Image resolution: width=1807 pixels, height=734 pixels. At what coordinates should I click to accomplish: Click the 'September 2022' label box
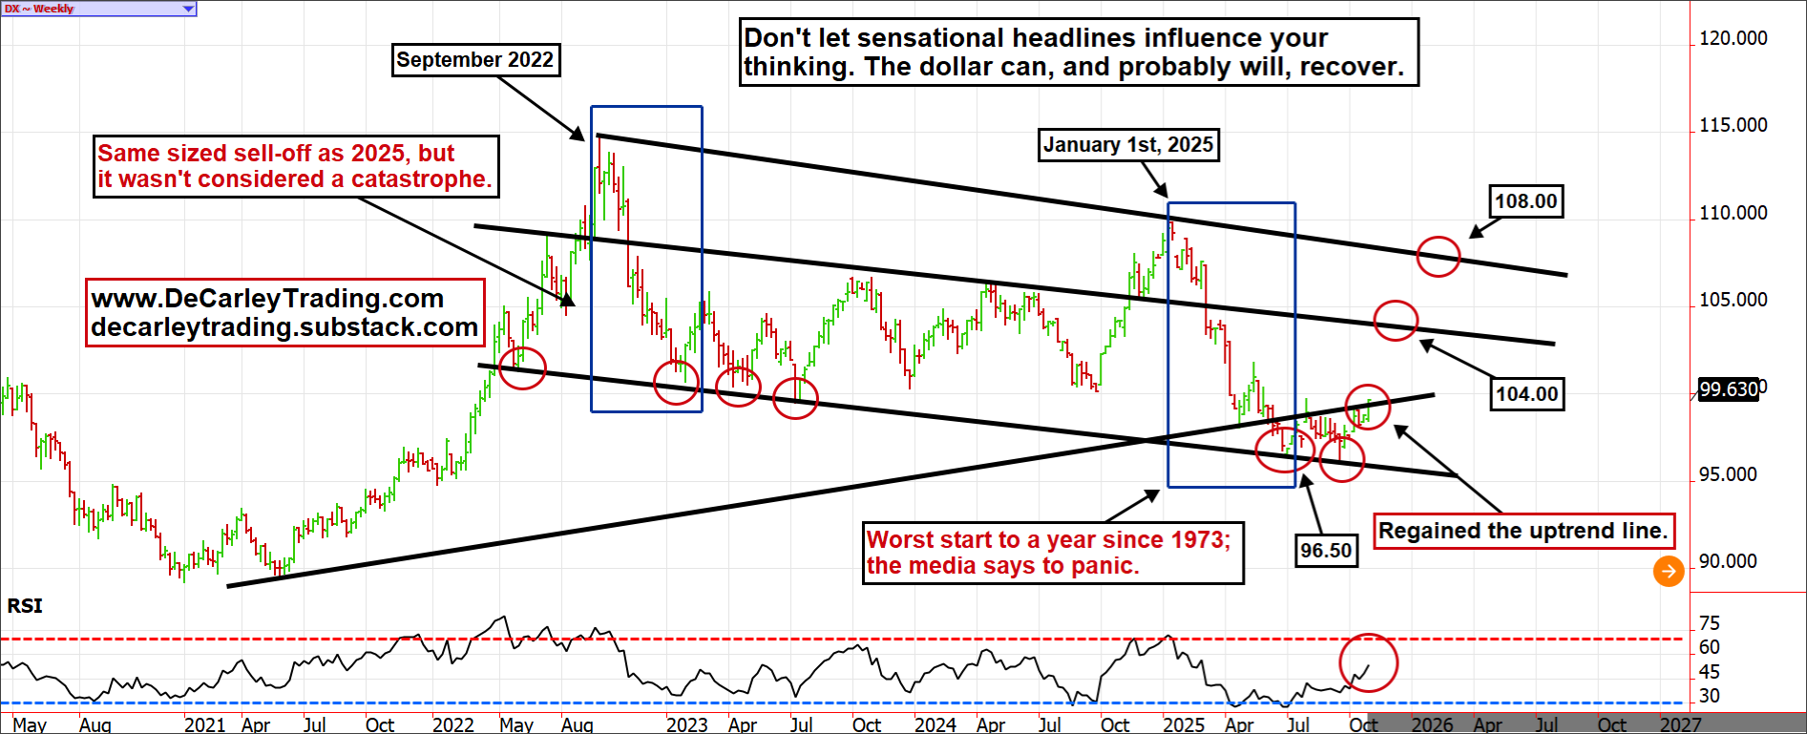coord(475,60)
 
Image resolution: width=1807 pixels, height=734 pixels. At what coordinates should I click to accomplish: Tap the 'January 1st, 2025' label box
coord(1127,145)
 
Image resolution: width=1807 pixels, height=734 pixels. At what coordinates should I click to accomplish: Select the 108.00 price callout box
coord(1525,201)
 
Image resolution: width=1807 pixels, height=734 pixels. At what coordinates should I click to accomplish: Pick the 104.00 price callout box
coord(1526,393)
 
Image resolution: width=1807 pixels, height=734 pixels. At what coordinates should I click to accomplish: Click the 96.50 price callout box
coord(1326,550)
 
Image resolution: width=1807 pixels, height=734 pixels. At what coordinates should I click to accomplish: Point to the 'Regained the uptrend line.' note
coord(1523,531)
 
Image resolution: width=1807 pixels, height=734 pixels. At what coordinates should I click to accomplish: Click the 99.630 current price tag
coord(1729,389)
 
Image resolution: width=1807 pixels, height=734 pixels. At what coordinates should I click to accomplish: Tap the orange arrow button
coord(1668,572)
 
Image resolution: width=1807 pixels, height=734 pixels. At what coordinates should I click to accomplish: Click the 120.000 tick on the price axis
coord(1733,38)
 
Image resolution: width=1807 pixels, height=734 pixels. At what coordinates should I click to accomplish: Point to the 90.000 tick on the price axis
coord(1727,561)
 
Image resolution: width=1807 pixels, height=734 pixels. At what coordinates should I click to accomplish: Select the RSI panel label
coord(25,605)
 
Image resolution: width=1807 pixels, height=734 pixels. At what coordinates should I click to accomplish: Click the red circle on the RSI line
coord(1368,662)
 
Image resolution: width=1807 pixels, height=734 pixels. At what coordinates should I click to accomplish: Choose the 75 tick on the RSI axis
coord(1709,623)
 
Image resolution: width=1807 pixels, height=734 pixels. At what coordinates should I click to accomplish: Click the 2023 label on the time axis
coord(686,724)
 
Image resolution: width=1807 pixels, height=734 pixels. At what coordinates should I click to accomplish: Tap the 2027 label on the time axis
coord(1679,724)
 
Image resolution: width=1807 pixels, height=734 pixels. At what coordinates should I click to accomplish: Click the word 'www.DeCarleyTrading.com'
coord(267,299)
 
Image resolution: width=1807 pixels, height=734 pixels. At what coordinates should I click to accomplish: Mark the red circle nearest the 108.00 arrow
coord(1438,256)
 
